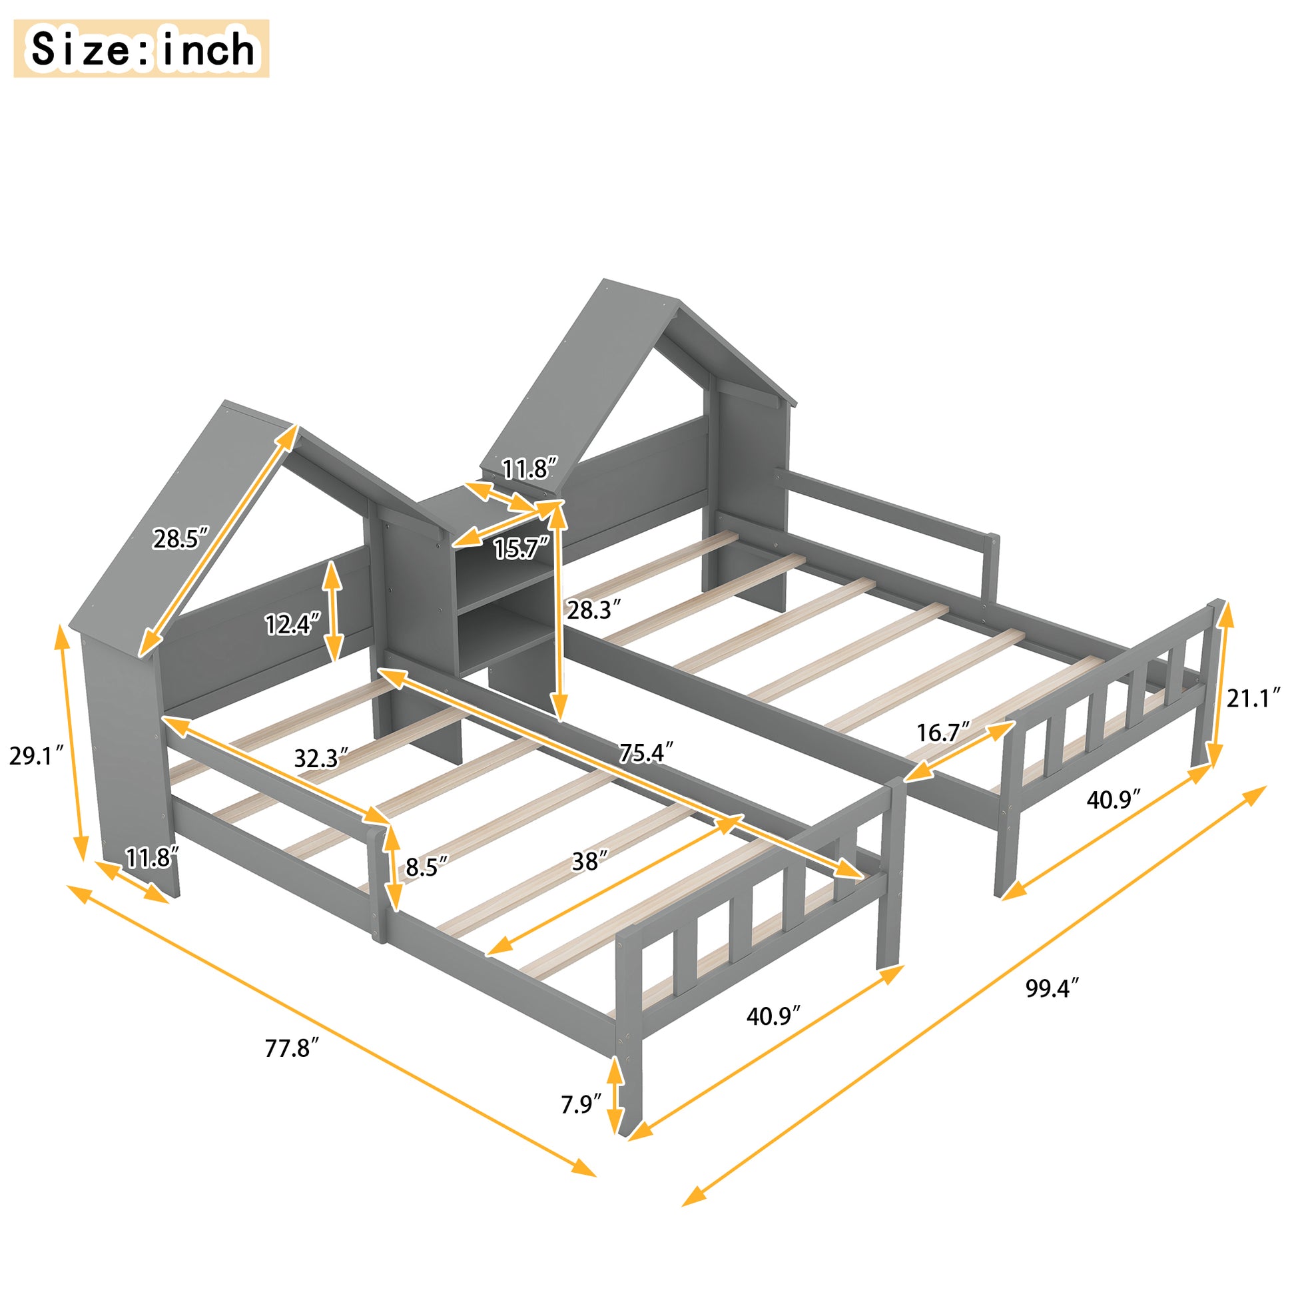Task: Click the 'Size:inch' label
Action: click(x=142, y=49)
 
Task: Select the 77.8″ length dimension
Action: click(x=291, y=1048)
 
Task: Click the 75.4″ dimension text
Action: click(x=645, y=753)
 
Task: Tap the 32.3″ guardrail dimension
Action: click(x=320, y=759)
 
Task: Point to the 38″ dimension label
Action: click(x=589, y=861)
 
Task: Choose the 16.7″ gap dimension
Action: click(x=943, y=733)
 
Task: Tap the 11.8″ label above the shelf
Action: click(x=530, y=469)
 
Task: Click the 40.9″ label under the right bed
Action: click(x=1114, y=800)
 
